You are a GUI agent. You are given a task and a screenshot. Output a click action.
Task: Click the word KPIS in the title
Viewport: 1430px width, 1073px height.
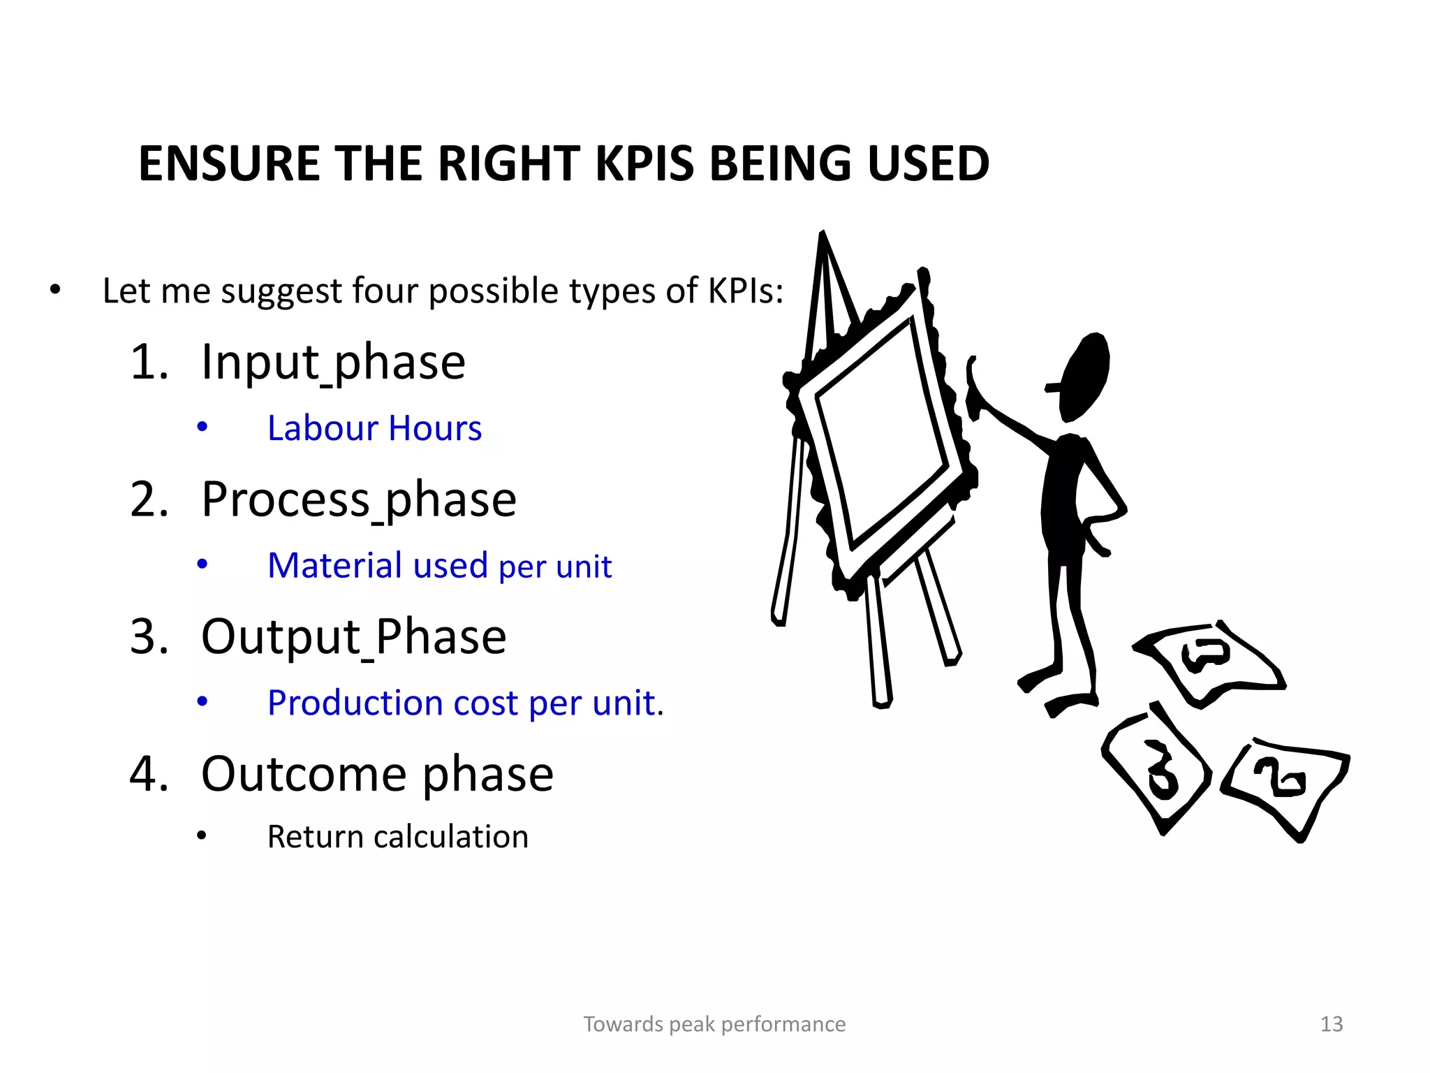(x=644, y=164)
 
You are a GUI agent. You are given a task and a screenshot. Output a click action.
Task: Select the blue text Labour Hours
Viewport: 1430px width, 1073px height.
(x=374, y=428)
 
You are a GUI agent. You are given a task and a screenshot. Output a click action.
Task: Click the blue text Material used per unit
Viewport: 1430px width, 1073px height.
(x=439, y=566)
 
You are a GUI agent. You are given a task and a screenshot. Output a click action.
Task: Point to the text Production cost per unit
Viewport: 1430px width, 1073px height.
(x=465, y=703)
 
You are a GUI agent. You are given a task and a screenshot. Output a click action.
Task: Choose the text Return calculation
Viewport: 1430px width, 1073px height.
(x=397, y=837)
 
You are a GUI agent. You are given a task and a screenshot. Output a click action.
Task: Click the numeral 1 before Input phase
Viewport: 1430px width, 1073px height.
(x=149, y=363)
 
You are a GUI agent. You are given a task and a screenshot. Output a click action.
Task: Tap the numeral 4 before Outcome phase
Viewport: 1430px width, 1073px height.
(x=149, y=774)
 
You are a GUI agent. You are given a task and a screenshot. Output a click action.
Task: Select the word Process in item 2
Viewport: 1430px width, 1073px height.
(x=285, y=500)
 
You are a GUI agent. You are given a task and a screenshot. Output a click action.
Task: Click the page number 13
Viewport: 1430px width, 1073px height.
(x=1331, y=1024)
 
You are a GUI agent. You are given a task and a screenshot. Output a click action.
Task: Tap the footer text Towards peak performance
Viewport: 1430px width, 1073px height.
(x=714, y=1024)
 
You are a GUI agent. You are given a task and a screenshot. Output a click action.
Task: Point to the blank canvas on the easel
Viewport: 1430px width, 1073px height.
(x=881, y=433)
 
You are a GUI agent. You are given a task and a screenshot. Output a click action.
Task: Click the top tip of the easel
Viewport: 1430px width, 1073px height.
(x=823, y=234)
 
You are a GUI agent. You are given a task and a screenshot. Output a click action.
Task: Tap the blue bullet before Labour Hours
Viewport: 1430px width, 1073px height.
(x=202, y=427)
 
